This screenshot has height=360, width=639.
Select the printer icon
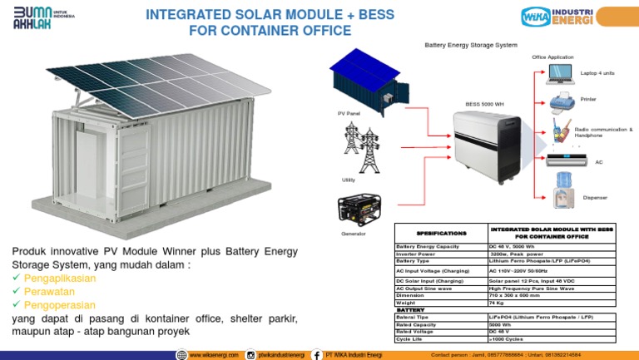tap(561, 102)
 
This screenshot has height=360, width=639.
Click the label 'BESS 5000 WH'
tap(484, 105)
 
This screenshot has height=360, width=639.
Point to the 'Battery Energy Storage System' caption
tap(471, 45)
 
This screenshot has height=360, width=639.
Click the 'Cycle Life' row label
tap(409, 339)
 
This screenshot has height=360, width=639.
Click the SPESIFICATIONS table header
tap(441, 233)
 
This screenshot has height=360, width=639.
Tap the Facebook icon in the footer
tap(316, 355)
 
